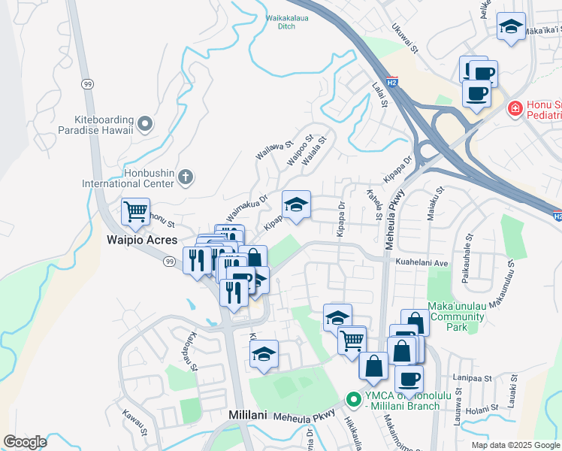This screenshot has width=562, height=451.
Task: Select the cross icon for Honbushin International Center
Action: (x=185, y=177)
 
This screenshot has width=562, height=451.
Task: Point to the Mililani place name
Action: (x=249, y=416)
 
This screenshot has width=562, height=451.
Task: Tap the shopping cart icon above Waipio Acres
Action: (x=135, y=212)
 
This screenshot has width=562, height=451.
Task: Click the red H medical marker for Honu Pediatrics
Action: (x=515, y=108)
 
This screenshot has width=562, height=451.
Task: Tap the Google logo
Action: (x=25, y=442)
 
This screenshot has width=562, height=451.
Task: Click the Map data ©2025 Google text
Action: (x=515, y=445)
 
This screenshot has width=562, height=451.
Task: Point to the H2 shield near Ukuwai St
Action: (x=392, y=81)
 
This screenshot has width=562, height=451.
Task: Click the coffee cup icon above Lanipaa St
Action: (x=409, y=379)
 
